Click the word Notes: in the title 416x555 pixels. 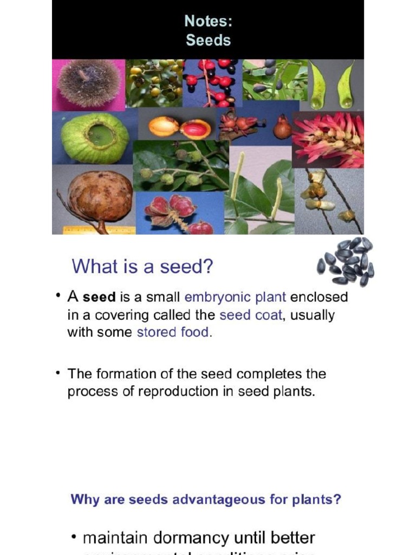pos(208,21)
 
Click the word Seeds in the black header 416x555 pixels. pos(208,40)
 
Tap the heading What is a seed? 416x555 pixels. pos(142,267)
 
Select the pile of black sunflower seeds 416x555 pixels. pos(346,261)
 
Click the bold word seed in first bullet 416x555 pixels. pos(99,298)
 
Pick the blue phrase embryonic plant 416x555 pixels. pos(235,298)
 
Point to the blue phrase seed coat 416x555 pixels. pos(251,315)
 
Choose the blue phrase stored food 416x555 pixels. pos(173,332)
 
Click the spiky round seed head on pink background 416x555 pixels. pos(88,83)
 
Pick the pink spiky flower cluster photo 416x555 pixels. pos(328,140)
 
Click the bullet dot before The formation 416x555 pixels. pos(57,372)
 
